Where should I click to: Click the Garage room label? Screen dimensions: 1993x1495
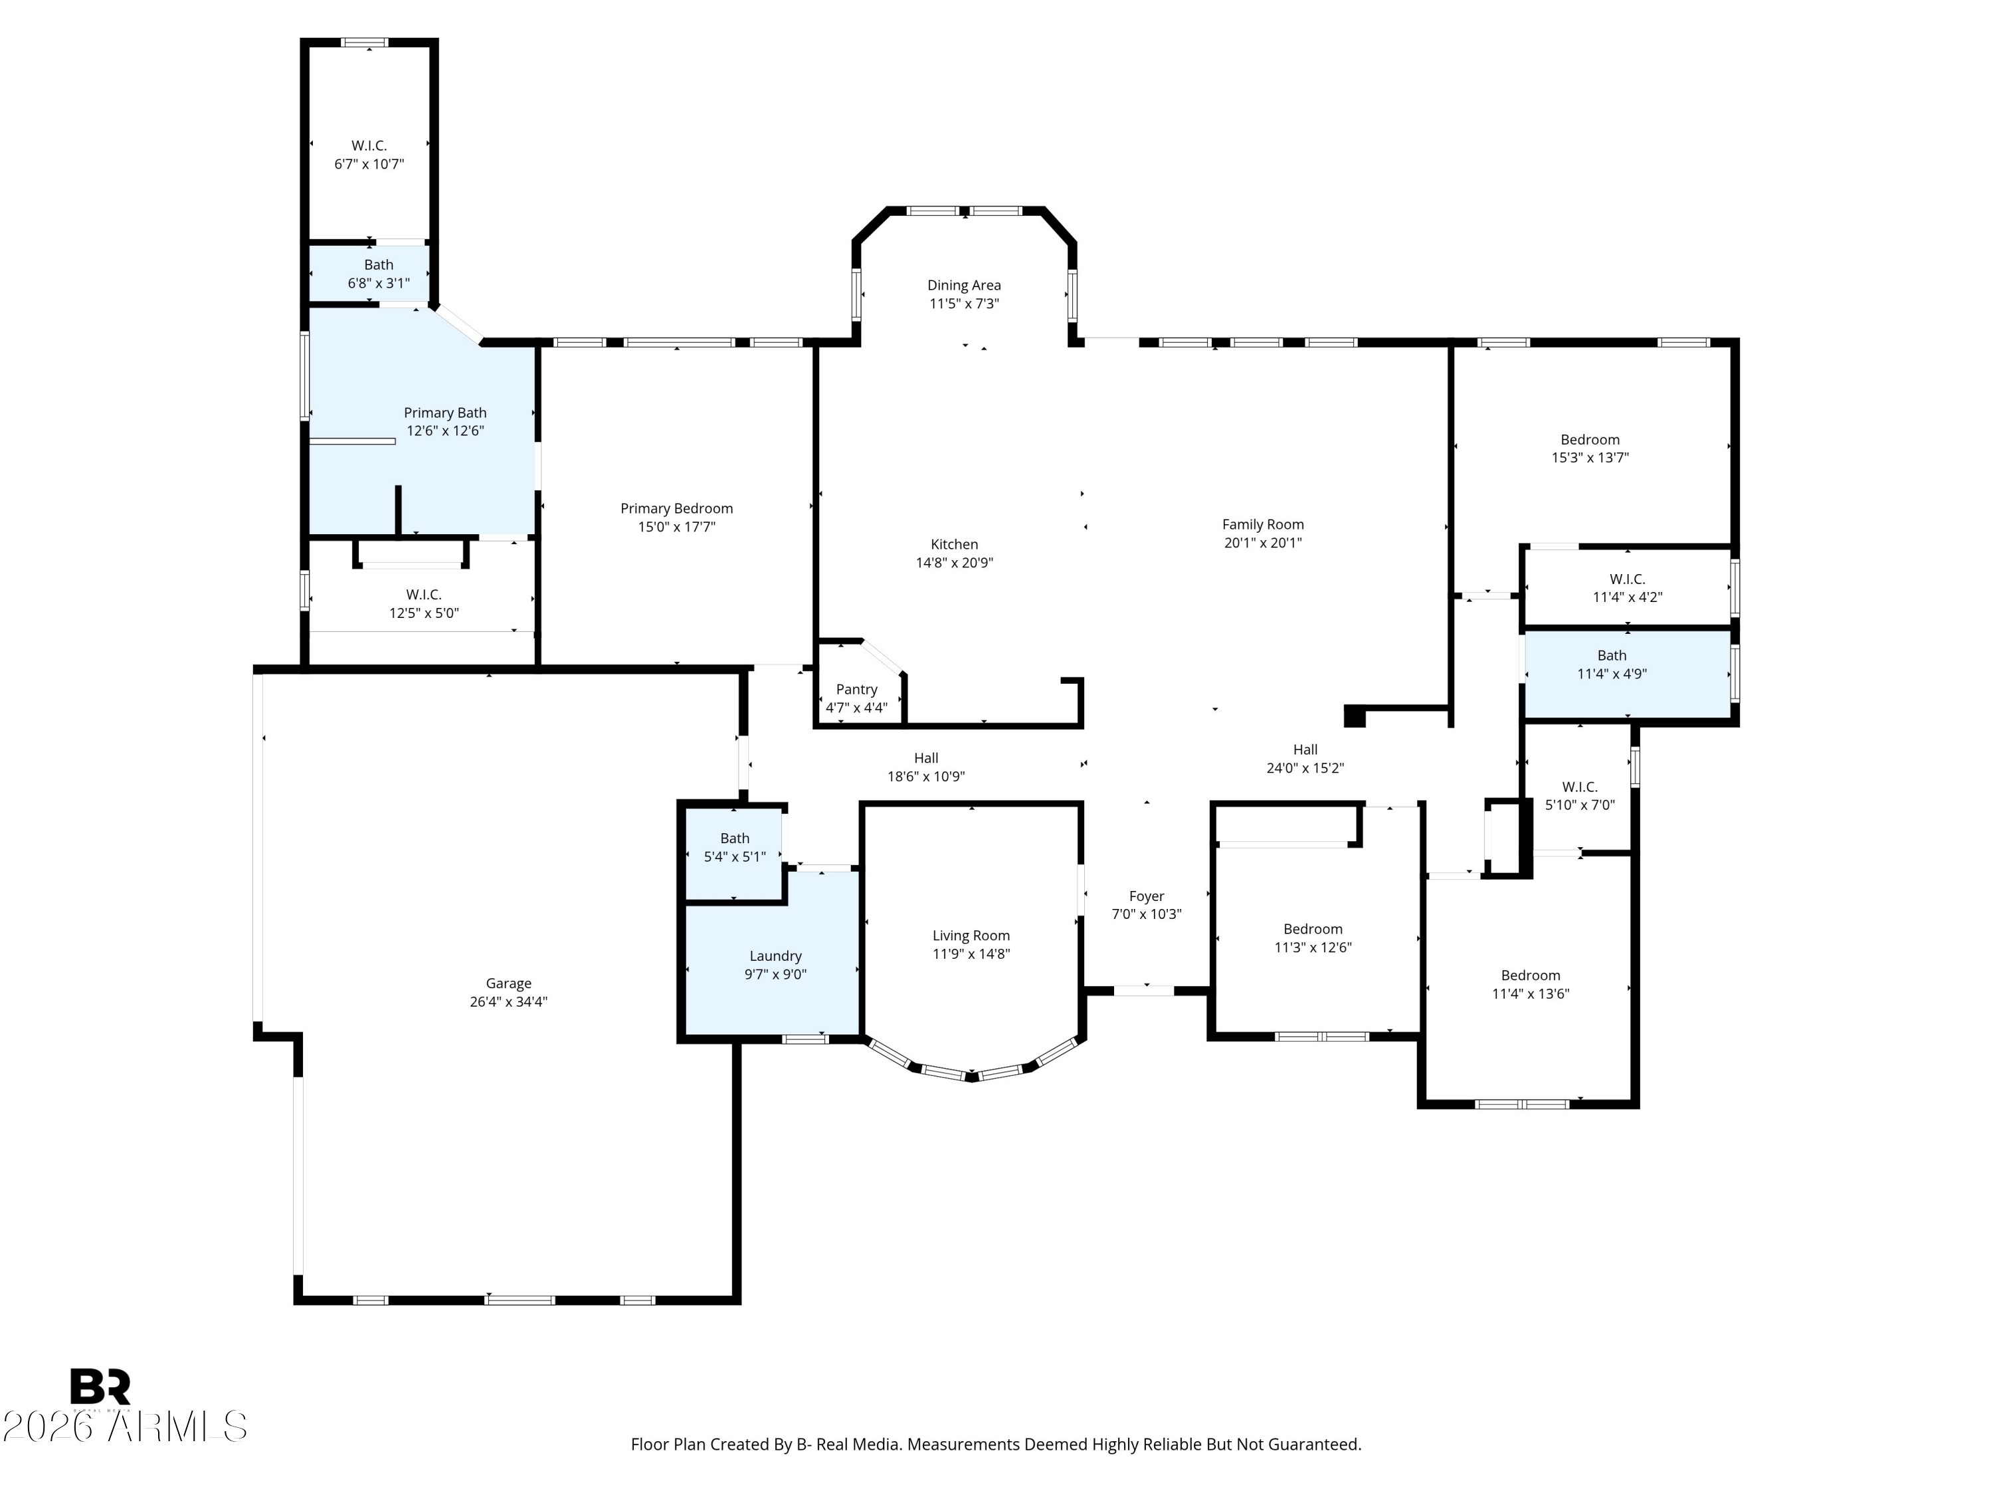coord(508,983)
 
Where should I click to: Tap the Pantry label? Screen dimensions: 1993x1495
coord(856,690)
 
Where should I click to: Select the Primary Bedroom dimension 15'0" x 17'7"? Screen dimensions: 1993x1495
coord(677,526)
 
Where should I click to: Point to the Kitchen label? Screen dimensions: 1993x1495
coord(954,544)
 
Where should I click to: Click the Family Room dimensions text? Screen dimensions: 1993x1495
coord(1263,542)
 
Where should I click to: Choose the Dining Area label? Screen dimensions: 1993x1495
coord(964,286)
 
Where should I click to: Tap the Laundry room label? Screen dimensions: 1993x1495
coord(775,956)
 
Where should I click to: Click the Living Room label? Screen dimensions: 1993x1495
coord(971,936)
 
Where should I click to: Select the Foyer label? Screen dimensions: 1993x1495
coord(1146,896)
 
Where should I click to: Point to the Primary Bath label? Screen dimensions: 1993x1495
coord(445,413)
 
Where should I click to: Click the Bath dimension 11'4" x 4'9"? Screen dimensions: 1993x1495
coord(1612,674)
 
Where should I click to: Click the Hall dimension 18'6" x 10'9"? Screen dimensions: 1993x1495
coord(926,777)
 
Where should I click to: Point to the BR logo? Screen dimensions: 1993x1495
coord(100,1387)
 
